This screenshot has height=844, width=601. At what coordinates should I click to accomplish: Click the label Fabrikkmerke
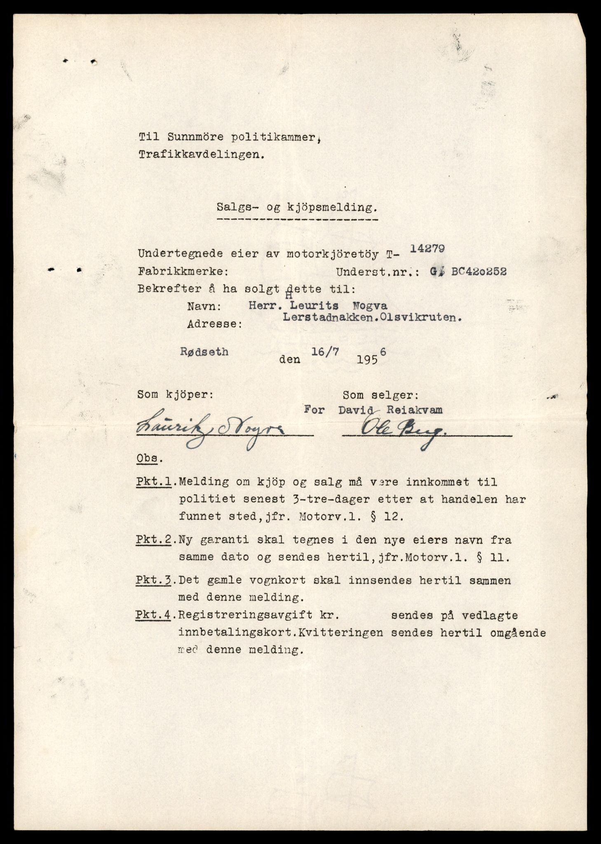(182, 272)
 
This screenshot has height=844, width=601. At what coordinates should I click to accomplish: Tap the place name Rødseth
(204, 352)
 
